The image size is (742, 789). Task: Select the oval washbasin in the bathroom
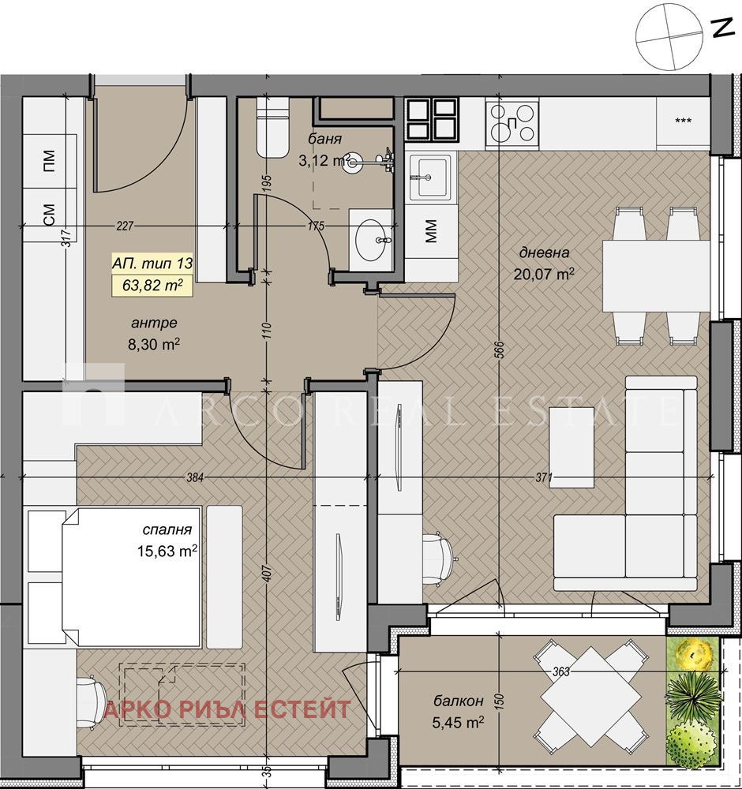373,240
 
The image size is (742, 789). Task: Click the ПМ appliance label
49,161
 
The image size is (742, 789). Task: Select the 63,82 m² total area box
152,286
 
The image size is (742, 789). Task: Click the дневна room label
544,252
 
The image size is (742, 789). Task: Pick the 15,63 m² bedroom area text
167,551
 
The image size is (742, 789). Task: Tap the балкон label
459,701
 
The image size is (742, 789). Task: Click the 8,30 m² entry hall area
155,344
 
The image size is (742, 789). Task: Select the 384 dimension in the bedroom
195,477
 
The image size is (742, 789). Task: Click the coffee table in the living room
571,447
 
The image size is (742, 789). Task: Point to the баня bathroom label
325,139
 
